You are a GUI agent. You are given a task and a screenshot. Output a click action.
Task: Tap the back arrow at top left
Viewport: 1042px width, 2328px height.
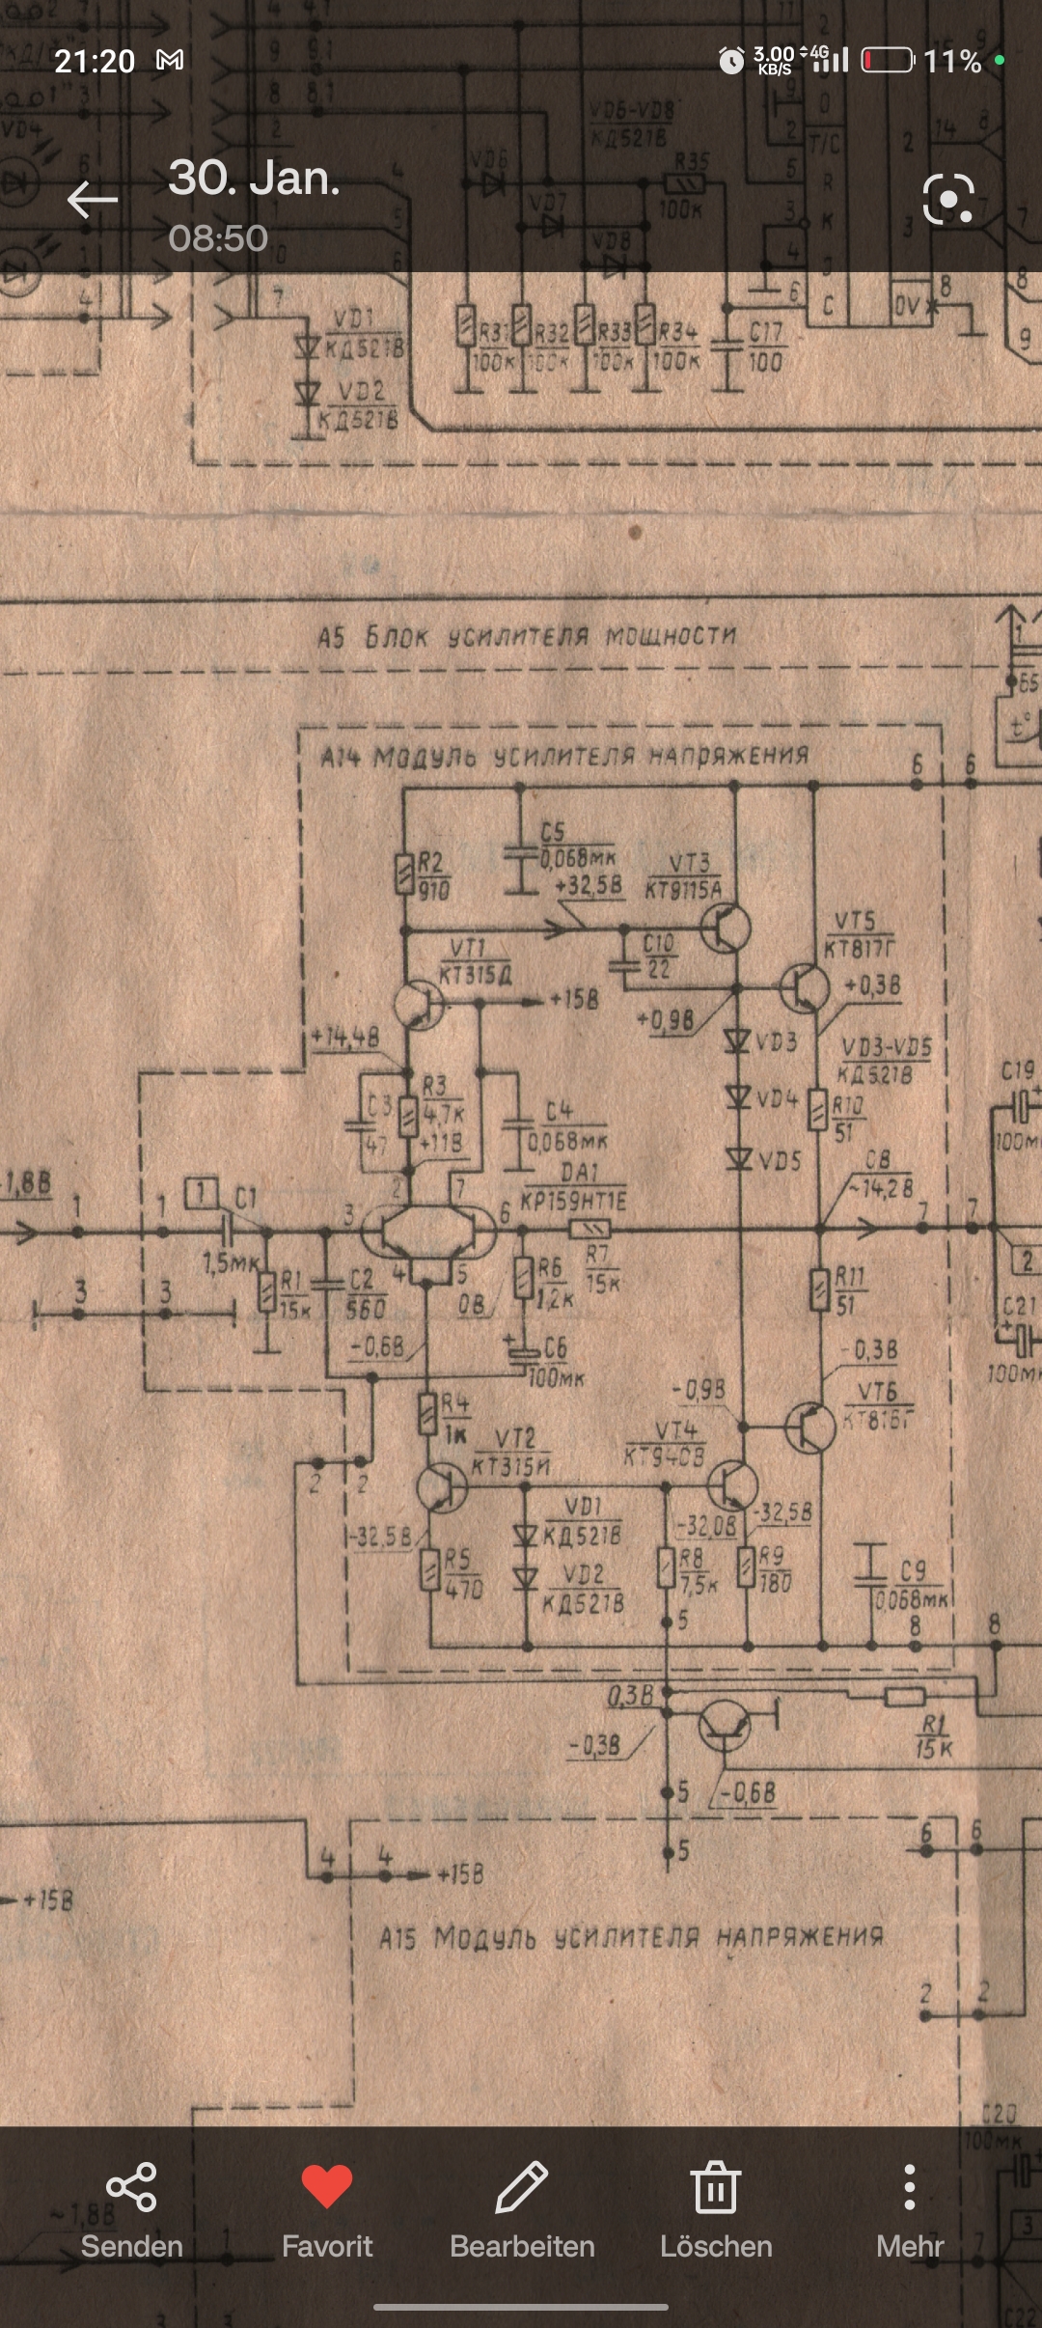(92, 200)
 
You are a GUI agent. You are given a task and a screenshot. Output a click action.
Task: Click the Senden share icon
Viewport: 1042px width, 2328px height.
(131, 2186)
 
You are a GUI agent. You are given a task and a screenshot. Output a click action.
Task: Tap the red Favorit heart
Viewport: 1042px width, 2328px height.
(327, 2186)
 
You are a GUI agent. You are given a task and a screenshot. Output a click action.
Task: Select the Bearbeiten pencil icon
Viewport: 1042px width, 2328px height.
(522, 2186)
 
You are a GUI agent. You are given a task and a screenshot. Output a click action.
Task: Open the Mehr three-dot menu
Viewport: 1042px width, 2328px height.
(909, 2186)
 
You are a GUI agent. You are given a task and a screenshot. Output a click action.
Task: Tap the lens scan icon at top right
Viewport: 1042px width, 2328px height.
(948, 200)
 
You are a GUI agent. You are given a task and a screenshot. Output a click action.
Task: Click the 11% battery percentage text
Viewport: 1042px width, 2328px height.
(952, 62)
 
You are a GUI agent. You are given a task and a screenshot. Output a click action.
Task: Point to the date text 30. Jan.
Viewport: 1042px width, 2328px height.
(254, 179)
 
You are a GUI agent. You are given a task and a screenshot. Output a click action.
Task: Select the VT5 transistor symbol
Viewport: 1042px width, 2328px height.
(805, 987)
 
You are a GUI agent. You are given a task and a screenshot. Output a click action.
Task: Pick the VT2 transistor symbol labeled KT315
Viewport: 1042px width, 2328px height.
(442, 1487)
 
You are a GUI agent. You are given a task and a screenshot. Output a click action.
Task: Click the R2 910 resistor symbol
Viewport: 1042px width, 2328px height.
(405, 874)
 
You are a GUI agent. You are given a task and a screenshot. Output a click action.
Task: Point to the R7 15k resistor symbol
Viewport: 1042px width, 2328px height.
(590, 1230)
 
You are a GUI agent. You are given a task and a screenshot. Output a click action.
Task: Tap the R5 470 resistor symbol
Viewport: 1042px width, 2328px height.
(430, 1569)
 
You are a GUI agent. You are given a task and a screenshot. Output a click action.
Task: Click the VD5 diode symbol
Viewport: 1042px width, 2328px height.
(738, 1157)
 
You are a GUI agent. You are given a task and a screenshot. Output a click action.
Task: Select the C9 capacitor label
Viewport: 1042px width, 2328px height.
(913, 1571)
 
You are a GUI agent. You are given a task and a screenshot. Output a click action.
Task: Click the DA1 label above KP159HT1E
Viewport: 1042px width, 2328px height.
(579, 1172)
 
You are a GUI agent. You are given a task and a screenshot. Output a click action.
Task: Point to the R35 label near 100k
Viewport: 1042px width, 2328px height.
(691, 160)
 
